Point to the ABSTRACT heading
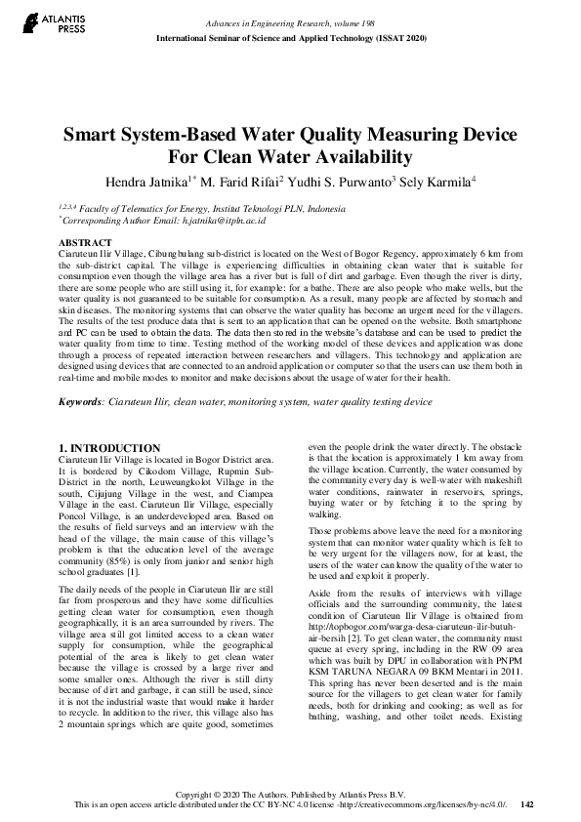tap(86, 241)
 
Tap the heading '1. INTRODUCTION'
tap(109, 448)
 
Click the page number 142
tap(527, 804)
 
